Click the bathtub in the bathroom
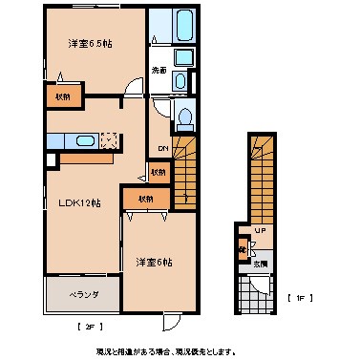[173, 28]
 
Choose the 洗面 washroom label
[159, 70]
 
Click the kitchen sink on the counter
[84, 142]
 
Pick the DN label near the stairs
[161, 148]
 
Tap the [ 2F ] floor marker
[87, 327]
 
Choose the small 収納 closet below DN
[158, 172]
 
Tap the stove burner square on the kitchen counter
[111, 141]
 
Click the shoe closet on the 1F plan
[244, 253]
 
